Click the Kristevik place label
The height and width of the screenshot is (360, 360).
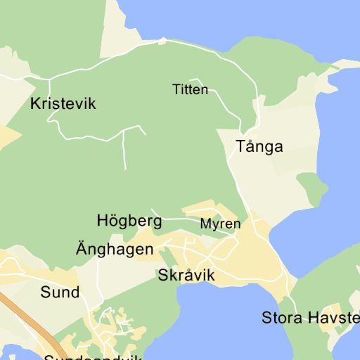tap(63, 104)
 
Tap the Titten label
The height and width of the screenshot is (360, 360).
tap(190, 89)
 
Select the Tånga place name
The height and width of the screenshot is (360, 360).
tap(259, 147)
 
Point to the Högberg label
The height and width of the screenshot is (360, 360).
tap(129, 221)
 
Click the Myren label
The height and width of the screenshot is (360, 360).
tap(220, 224)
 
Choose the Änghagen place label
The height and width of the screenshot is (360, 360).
tap(115, 249)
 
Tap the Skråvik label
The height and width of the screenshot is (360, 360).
tap(186, 275)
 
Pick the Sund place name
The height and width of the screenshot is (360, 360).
tap(60, 292)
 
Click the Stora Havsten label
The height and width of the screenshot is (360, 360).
tap(310, 317)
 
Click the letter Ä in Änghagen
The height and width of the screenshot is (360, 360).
tap(82, 248)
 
